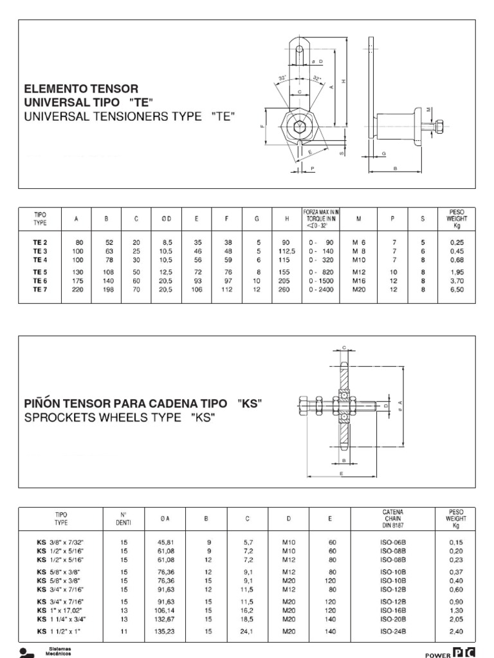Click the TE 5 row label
[x=41, y=272]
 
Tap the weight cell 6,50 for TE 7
[x=456, y=290]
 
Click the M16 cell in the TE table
[x=358, y=281]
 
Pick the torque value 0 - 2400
[x=322, y=290]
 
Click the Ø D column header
[x=166, y=218]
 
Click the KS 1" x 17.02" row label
[x=61, y=610]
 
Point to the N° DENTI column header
[x=124, y=518]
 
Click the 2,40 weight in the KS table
[x=456, y=632]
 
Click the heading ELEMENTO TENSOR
[x=80, y=88]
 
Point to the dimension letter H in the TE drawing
[x=344, y=82]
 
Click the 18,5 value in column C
[x=248, y=619]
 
